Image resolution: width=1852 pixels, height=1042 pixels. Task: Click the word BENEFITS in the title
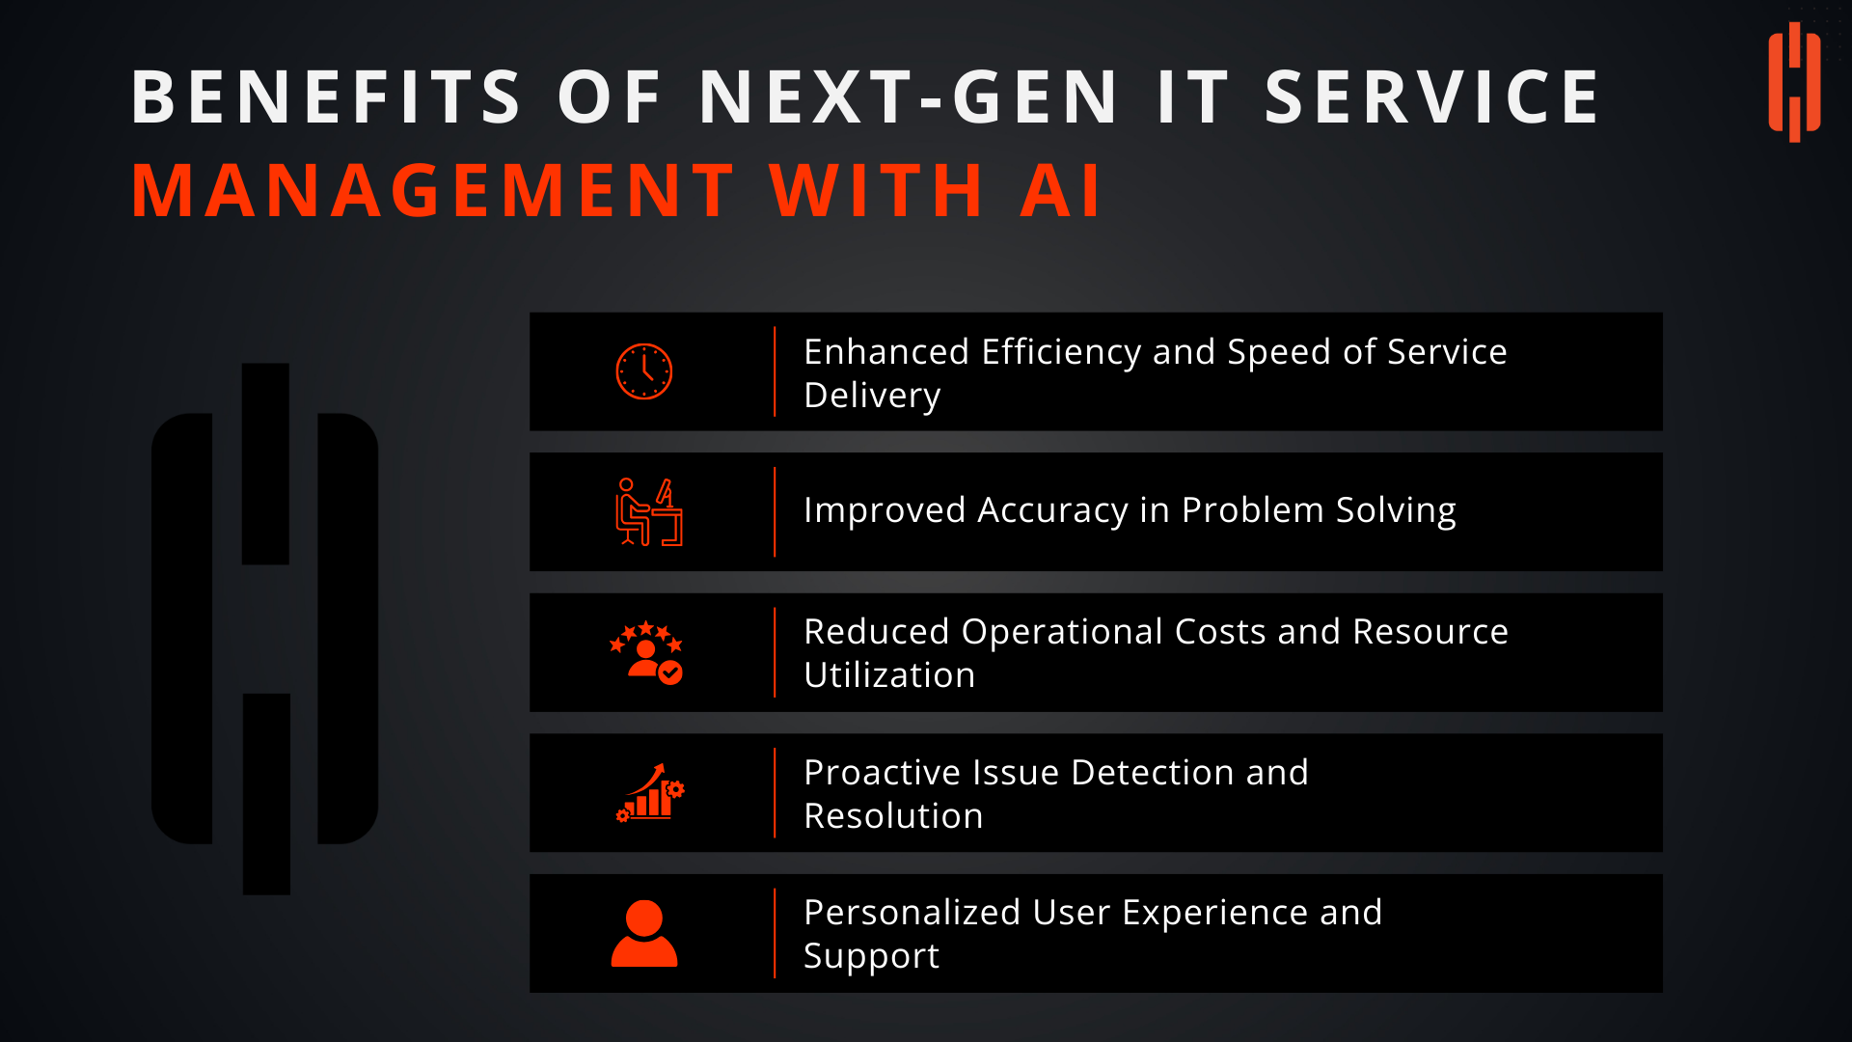point(327,97)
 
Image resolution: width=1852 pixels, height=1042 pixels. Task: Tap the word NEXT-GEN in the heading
point(909,97)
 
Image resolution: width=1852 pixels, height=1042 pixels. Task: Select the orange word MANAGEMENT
point(433,190)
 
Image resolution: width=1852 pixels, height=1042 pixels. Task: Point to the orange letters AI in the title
point(1060,190)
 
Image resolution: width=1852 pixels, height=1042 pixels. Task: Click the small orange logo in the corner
point(1794,82)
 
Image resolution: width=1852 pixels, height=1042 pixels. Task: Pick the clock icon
point(644,371)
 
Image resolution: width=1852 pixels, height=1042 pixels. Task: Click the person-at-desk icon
point(649,511)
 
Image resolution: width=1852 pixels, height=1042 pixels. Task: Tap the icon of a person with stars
point(646,653)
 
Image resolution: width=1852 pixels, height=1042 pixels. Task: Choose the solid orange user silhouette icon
point(644,933)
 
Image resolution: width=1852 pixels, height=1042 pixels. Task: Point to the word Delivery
point(872,397)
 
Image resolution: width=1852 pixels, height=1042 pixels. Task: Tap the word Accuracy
point(1052,511)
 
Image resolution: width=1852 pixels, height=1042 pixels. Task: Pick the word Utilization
point(889,675)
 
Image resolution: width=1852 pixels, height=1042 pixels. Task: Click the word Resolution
point(894,816)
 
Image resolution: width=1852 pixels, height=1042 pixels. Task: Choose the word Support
point(872,957)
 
